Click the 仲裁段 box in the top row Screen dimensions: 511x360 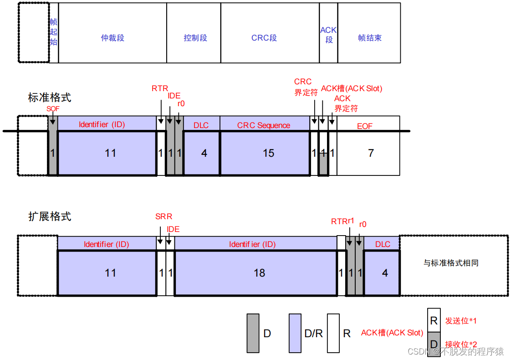coord(112,33)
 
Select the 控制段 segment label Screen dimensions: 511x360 coord(195,38)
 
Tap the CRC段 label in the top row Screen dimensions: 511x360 coord(264,38)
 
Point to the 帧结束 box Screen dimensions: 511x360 coord(369,33)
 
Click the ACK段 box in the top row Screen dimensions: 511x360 coord(328,33)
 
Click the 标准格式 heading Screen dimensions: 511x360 coord(50,97)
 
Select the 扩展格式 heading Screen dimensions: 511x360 coord(50,216)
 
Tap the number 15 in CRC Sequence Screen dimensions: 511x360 coord(269,153)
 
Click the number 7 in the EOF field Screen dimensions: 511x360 coord(371,153)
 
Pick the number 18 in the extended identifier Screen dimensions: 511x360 coord(260,273)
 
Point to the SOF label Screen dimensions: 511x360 coord(53,108)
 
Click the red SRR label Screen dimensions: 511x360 coord(164,216)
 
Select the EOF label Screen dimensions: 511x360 coord(365,126)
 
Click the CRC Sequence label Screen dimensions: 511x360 coord(263,125)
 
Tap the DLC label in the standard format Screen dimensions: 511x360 coord(201,125)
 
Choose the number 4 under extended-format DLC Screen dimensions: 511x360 coord(385,273)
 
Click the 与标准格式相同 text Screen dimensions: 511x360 coord(451,263)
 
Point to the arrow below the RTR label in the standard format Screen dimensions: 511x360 coord(161,112)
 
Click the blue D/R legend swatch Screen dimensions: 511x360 coord(295,333)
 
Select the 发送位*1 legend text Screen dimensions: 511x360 coord(461,321)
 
